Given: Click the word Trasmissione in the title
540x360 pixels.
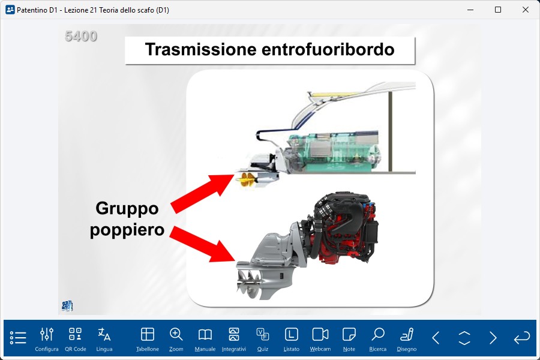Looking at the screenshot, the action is (201, 49).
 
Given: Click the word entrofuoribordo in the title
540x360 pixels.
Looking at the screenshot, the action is (328, 49).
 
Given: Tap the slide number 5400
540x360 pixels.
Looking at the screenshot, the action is (81, 36).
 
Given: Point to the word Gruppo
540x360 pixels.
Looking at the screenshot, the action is (127, 208).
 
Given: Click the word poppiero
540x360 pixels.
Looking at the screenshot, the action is (127, 230).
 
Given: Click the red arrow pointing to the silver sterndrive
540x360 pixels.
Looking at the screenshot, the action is (202, 244).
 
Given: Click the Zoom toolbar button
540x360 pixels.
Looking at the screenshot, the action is (176, 340).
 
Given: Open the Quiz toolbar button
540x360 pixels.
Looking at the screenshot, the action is (262, 340).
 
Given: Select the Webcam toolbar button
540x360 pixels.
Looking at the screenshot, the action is (320, 340).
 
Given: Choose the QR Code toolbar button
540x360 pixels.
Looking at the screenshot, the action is (76, 340).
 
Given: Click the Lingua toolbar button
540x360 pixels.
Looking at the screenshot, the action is (104, 340).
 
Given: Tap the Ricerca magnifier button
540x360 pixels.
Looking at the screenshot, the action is (378, 340).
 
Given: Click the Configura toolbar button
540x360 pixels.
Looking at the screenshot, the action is (46, 340).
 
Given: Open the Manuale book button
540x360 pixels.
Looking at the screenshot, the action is (205, 340).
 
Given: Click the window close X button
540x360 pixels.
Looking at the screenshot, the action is (525, 10).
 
